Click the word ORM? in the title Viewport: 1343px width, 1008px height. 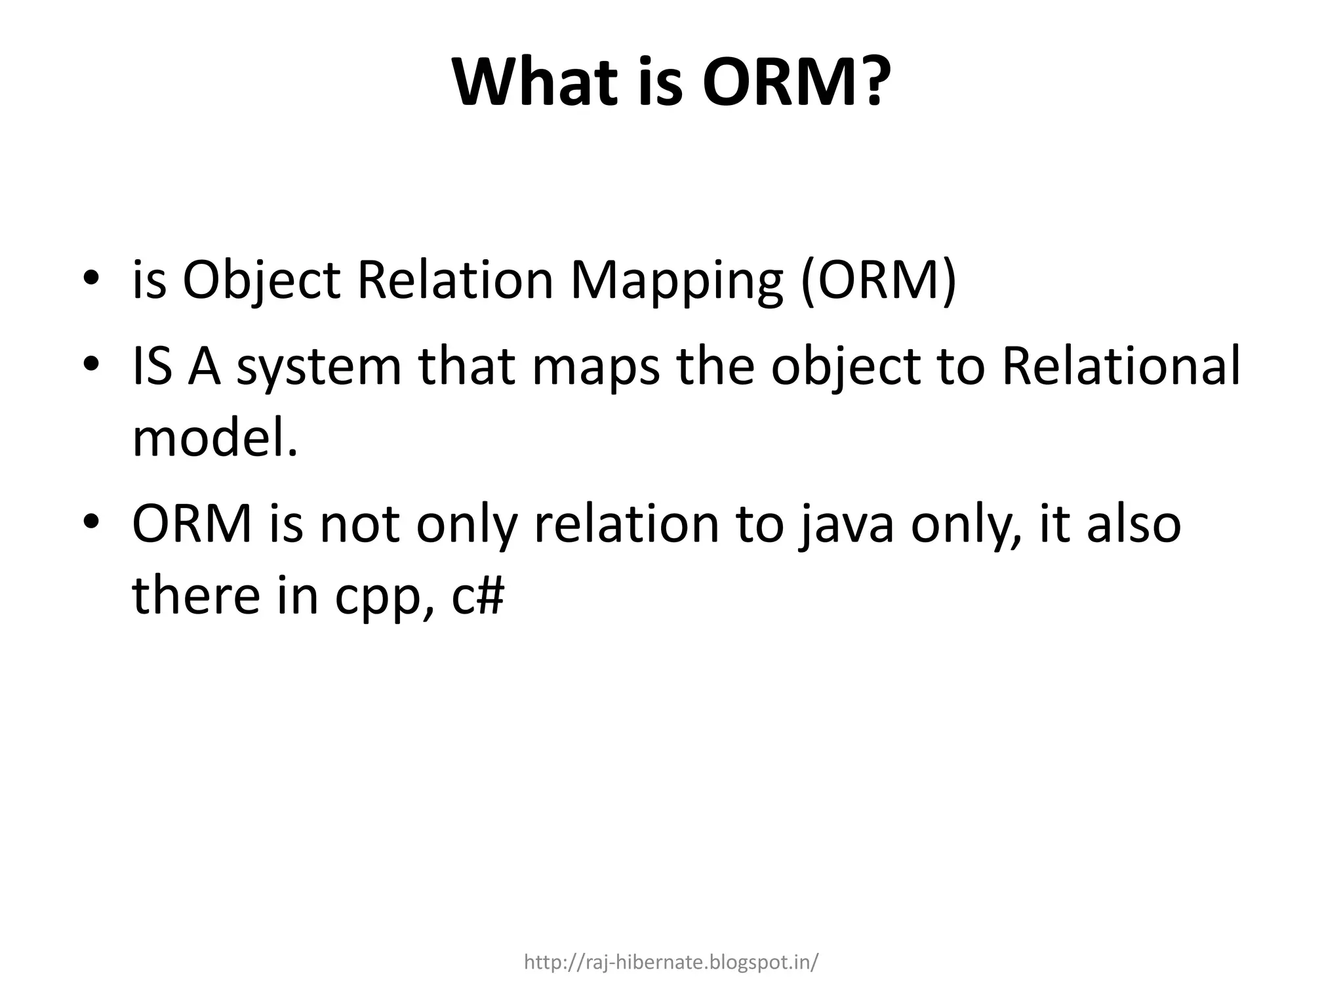coord(796,84)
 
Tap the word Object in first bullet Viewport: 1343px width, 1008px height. coord(261,281)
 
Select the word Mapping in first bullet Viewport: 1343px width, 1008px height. coord(676,281)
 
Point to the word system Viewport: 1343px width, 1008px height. coord(319,367)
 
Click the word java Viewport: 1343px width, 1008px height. coord(846,525)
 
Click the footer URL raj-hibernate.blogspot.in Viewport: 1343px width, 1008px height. coord(671,963)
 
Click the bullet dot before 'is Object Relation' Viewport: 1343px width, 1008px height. coord(90,278)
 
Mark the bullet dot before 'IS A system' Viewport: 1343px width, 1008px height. coord(90,364)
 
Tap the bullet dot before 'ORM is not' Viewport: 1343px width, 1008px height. coord(90,522)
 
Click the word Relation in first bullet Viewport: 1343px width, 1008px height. coord(455,281)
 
